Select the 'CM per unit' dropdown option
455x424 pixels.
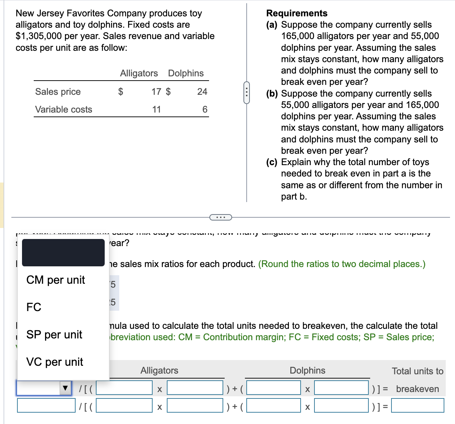pyautogui.click(x=55, y=280)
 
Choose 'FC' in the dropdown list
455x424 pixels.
pyautogui.click(x=34, y=307)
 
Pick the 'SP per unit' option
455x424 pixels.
pyautogui.click(x=54, y=335)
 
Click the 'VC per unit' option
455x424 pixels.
pyautogui.click(x=54, y=362)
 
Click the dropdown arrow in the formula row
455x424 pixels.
pyautogui.click(x=65, y=388)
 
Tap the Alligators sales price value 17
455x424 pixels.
pyautogui.click(x=156, y=92)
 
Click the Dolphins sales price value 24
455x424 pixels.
pyautogui.click(x=202, y=92)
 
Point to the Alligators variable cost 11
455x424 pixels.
pyautogui.click(x=157, y=109)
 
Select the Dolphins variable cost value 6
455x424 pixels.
pyautogui.click(x=205, y=109)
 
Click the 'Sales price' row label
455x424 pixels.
pyautogui.click(x=58, y=92)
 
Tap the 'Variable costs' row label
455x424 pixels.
pyautogui.click(x=64, y=109)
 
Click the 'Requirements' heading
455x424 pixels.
pyautogui.click(x=297, y=13)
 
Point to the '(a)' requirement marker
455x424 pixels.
pyautogui.click(x=273, y=25)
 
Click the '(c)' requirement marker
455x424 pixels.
pyautogui.click(x=272, y=162)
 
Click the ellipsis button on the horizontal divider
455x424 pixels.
pyautogui.click(x=220, y=217)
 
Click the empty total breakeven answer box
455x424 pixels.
pyautogui.click(x=417, y=405)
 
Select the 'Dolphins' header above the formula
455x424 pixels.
pyautogui.click(x=307, y=370)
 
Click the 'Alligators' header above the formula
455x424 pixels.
pyautogui.click(x=159, y=370)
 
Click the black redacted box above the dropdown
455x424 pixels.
pyautogui.click(x=63, y=252)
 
